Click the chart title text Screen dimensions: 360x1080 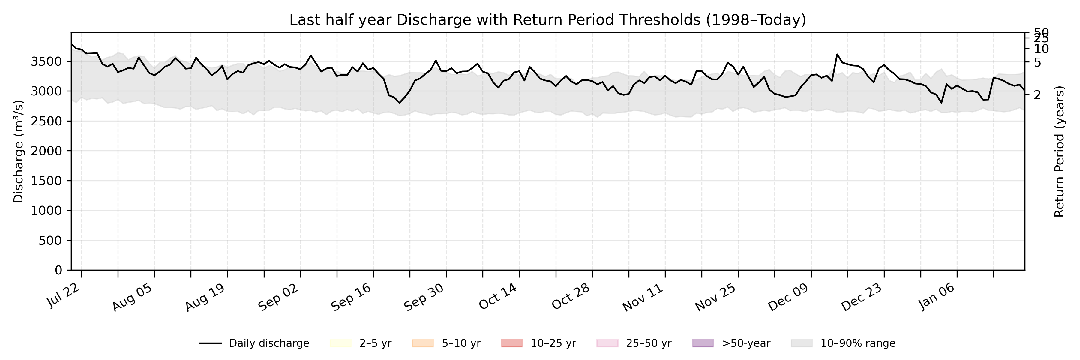[x=547, y=20]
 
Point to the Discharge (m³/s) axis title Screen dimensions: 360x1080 [x=18, y=151]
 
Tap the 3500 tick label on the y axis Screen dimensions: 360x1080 [x=46, y=61]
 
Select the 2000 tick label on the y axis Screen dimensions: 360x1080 [x=46, y=151]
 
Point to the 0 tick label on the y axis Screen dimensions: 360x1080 [x=59, y=270]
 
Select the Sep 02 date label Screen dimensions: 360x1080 [x=278, y=297]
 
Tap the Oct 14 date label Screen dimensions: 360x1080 [x=498, y=297]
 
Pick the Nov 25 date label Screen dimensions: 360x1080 [x=716, y=297]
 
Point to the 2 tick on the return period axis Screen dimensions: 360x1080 [x=1037, y=95]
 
